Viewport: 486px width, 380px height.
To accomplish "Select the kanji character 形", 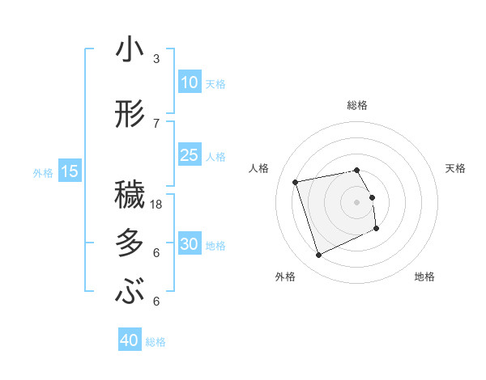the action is coord(130,115).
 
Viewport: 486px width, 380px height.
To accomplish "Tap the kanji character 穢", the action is coord(130,196).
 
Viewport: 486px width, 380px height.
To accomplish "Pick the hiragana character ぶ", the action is coord(130,292).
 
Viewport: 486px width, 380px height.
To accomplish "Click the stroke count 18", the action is coord(157,205).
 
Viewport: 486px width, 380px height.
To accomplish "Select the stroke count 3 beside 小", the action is coord(156,59).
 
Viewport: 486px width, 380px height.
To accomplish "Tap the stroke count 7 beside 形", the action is coord(156,124).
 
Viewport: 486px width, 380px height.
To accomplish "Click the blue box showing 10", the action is coord(190,82).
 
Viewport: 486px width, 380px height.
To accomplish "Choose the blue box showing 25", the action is coord(190,155).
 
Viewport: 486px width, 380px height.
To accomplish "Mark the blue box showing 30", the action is coord(190,244).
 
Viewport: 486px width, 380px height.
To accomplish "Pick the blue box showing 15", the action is coord(69,171).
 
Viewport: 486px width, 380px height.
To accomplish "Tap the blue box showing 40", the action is coord(130,341).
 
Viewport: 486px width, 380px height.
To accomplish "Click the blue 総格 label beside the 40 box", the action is coord(156,342).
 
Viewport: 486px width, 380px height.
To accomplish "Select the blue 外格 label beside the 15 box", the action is coord(42,172).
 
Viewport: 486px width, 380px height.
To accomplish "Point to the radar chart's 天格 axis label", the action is coord(456,168).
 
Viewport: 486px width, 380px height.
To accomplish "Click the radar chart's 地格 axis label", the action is coord(424,277).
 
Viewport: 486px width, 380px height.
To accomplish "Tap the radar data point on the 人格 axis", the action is coord(296,181).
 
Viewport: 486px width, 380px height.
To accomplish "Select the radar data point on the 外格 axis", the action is coord(318,255).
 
